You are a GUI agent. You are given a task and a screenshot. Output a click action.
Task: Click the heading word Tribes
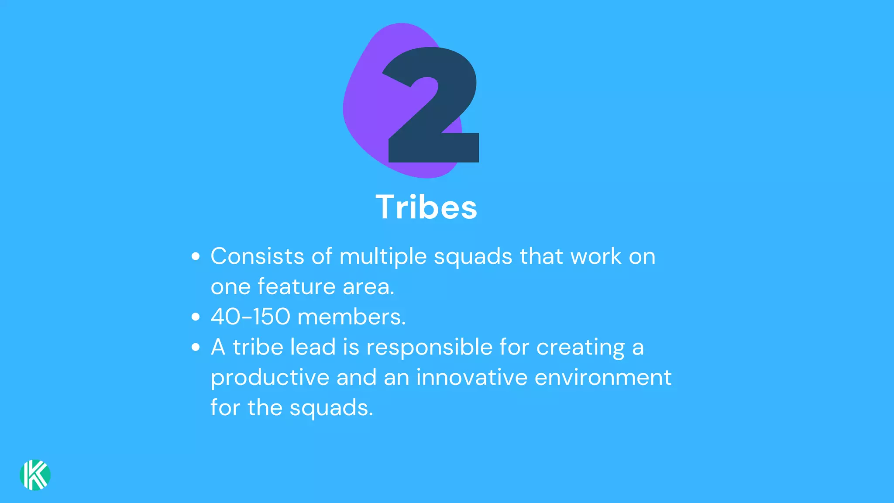coord(426,207)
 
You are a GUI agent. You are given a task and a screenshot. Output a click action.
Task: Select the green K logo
coord(35,475)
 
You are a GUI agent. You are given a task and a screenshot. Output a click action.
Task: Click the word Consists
coord(257,256)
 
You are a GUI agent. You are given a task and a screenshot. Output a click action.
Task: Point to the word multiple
coord(383,257)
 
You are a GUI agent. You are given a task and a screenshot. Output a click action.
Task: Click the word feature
coord(296,286)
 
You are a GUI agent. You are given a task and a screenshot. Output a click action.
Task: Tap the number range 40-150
coord(250,317)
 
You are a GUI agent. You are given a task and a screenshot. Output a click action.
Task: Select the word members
coord(351,317)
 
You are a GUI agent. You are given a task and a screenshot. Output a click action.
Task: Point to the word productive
coord(270,378)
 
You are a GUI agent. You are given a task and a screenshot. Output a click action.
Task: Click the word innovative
coord(471,377)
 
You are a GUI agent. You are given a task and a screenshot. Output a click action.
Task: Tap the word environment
coord(603,377)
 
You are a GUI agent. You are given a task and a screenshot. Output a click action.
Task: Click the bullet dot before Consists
coord(196,256)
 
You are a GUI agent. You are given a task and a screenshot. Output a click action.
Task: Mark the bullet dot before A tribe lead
coord(196,347)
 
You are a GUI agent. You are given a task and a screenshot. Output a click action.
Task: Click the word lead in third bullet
coord(313,347)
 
